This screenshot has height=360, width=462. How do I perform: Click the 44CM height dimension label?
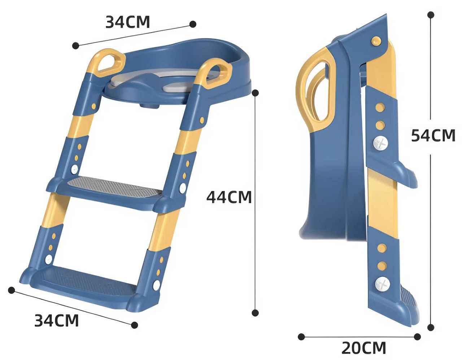[x=229, y=197]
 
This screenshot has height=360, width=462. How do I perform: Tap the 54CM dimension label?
[x=433, y=135]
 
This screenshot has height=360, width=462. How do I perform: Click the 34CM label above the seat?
[x=127, y=22]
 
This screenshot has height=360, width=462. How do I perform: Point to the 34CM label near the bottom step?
[x=56, y=320]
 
